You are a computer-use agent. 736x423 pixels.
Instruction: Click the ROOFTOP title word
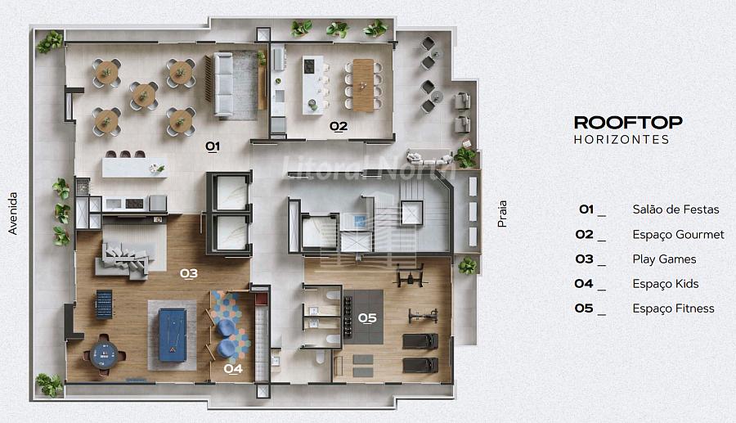point(628,123)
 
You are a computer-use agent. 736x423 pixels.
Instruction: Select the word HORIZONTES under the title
point(622,139)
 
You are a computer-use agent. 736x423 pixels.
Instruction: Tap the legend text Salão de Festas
point(675,209)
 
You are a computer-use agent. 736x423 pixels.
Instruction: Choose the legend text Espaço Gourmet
point(678,234)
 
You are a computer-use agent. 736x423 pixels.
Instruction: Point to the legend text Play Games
point(664,259)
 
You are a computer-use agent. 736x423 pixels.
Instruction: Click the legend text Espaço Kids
point(666,284)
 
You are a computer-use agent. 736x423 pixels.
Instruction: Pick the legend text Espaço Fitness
point(673,308)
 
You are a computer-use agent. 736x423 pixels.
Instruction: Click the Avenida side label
point(12,214)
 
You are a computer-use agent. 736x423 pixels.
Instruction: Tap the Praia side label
point(502,214)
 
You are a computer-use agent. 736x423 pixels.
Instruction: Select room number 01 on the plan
point(213,146)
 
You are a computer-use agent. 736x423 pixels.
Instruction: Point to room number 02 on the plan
point(339,126)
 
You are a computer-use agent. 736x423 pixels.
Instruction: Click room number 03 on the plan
point(189,273)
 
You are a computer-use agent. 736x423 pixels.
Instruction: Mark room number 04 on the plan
point(233,369)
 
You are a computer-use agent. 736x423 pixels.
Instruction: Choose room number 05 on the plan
point(367,318)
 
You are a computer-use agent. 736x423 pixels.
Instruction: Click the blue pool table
point(173,335)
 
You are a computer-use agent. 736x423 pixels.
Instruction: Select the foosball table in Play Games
point(104,304)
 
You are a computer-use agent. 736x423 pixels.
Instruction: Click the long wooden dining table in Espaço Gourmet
point(363,85)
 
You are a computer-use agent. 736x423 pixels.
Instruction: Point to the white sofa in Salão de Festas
point(223,84)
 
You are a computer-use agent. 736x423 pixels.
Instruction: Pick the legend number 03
point(585,259)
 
